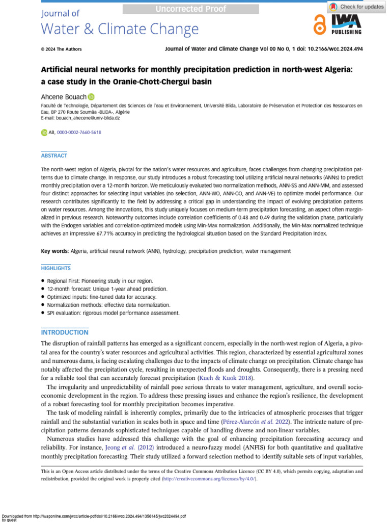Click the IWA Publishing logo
pos(346,24)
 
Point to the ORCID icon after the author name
pos(91,96)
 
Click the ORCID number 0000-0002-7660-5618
pos(79,133)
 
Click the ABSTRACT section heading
pos(53,155)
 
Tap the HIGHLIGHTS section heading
pos(56,268)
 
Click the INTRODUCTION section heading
pos(65,332)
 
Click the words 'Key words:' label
pos(54,251)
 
